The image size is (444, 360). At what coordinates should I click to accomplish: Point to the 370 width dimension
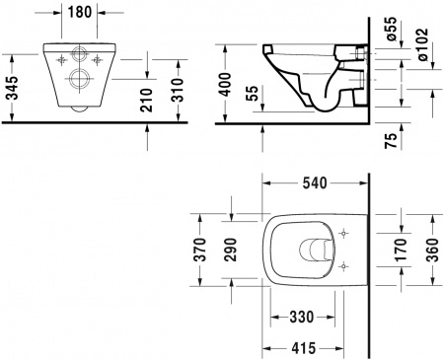pyautogui.click(x=201, y=251)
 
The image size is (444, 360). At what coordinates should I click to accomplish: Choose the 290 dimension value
pyautogui.click(x=231, y=251)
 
